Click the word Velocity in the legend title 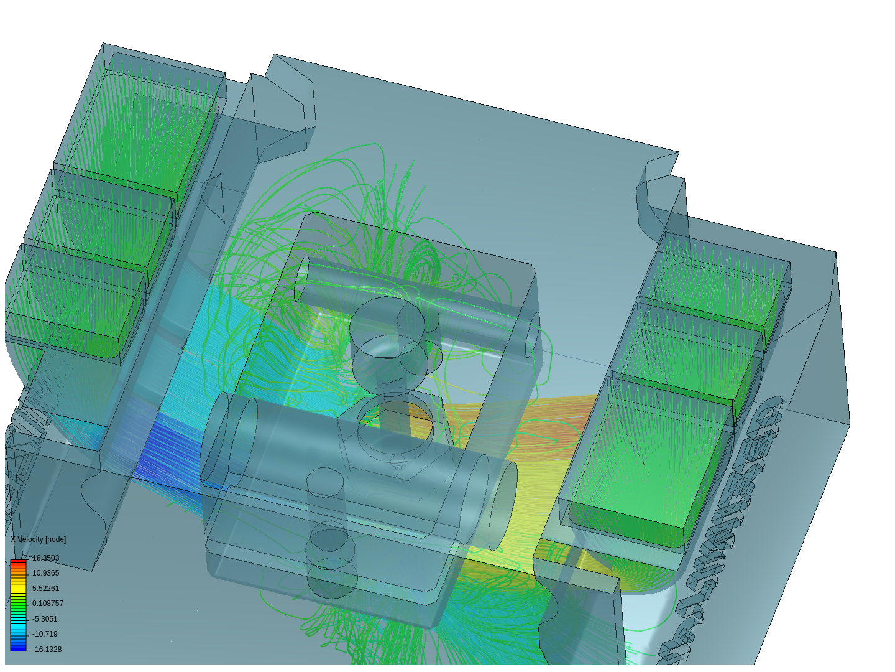30,539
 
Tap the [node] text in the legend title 55,539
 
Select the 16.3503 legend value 45,558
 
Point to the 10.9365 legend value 45,573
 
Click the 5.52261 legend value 45,589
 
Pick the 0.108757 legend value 48,604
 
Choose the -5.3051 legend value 45,619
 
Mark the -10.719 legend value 45,634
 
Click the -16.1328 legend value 47,650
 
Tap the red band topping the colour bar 19,562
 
